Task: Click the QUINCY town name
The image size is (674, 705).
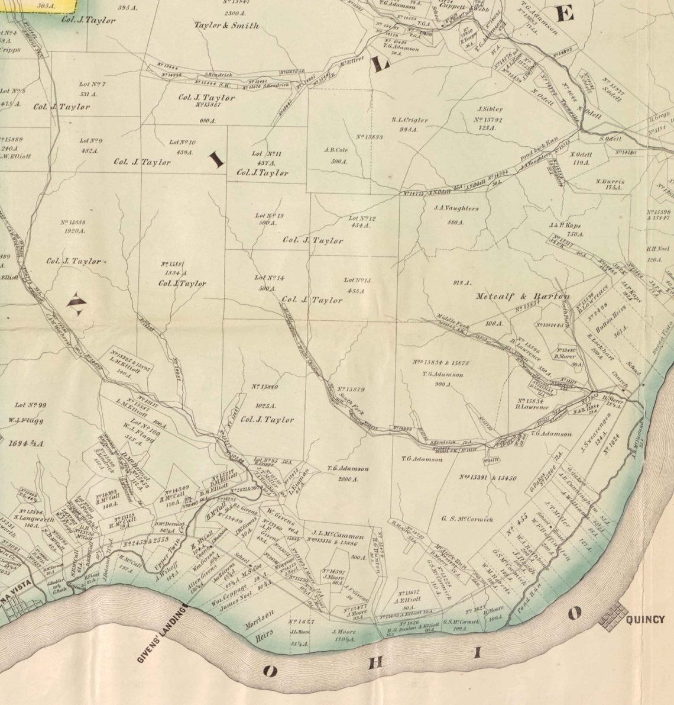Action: click(x=645, y=620)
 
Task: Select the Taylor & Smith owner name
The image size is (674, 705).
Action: click(x=226, y=25)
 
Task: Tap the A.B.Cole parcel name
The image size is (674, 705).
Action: click(x=336, y=150)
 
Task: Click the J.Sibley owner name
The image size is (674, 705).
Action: click(x=490, y=109)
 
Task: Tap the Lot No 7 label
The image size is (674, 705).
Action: click(x=92, y=84)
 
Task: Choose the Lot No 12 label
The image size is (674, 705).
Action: click(x=362, y=218)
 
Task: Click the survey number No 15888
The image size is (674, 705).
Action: click(x=73, y=223)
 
